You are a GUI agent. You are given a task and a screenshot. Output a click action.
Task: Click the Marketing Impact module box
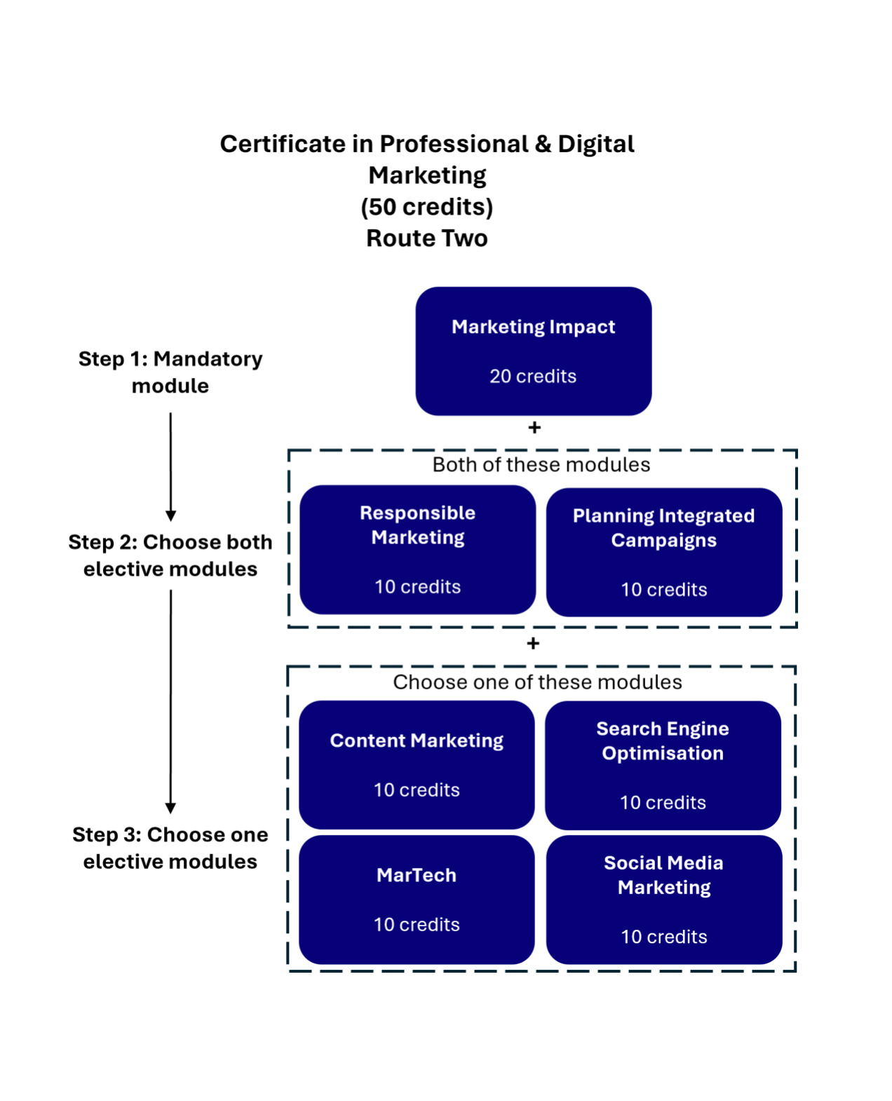[x=533, y=351]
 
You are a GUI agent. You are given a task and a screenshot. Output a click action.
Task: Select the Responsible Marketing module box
[x=417, y=549]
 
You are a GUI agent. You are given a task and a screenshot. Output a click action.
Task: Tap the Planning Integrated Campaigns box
[x=663, y=552]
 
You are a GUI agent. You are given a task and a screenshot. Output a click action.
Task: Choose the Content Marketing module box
[x=417, y=764]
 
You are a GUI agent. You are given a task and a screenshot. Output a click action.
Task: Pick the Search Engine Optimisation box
[x=663, y=765]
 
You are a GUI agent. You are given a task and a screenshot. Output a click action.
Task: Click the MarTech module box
[x=417, y=899]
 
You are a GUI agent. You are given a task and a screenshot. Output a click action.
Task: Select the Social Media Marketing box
[x=663, y=899]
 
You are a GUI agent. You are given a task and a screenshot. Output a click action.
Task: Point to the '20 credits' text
[x=533, y=377]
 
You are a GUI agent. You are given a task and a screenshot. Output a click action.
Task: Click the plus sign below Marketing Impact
[x=534, y=427]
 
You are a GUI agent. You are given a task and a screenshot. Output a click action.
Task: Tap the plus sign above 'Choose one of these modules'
[x=533, y=643]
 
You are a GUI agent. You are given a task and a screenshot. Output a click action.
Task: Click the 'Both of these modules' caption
[x=541, y=465]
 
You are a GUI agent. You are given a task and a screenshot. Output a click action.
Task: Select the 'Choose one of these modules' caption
[x=537, y=682]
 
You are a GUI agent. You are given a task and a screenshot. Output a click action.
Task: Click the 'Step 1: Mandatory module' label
[x=170, y=372]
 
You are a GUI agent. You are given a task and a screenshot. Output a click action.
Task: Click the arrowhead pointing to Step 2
[x=170, y=515]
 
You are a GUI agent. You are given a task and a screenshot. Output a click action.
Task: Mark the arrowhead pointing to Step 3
[x=170, y=808]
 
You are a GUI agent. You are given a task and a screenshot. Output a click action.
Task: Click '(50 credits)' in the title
[x=427, y=207]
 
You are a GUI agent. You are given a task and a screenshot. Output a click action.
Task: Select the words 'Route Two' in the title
[x=427, y=238]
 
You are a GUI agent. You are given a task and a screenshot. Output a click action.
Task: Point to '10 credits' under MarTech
[x=417, y=925]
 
